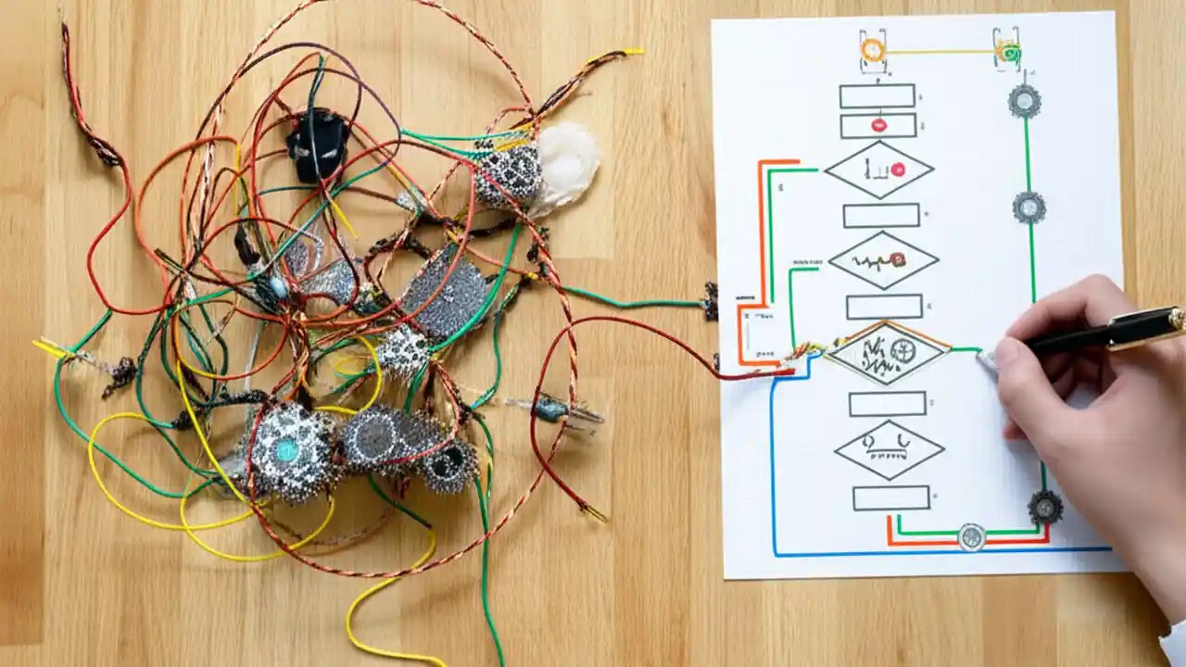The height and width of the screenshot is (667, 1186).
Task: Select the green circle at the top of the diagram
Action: [x=1008, y=52]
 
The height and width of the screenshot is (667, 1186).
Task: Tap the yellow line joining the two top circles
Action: [x=940, y=52]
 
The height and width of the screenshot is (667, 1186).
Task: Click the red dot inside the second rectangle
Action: [x=878, y=124]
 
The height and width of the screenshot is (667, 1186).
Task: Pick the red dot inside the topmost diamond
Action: [x=898, y=169]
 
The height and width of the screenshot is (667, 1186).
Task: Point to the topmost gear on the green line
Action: [x=1024, y=100]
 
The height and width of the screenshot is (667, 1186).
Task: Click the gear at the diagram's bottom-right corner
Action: [x=1044, y=506]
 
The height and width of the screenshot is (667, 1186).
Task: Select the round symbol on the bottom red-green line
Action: [x=970, y=536]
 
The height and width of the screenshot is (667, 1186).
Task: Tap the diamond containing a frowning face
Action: [x=889, y=449]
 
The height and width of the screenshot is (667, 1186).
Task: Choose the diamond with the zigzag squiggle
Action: [x=882, y=261]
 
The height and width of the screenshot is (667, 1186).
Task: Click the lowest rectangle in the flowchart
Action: [x=890, y=497]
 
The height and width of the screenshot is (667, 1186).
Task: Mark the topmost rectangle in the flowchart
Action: [x=877, y=96]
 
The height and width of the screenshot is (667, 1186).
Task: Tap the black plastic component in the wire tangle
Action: [x=318, y=144]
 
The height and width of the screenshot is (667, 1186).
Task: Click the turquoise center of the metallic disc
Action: [x=286, y=450]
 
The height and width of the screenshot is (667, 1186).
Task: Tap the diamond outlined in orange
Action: [x=887, y=353]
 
